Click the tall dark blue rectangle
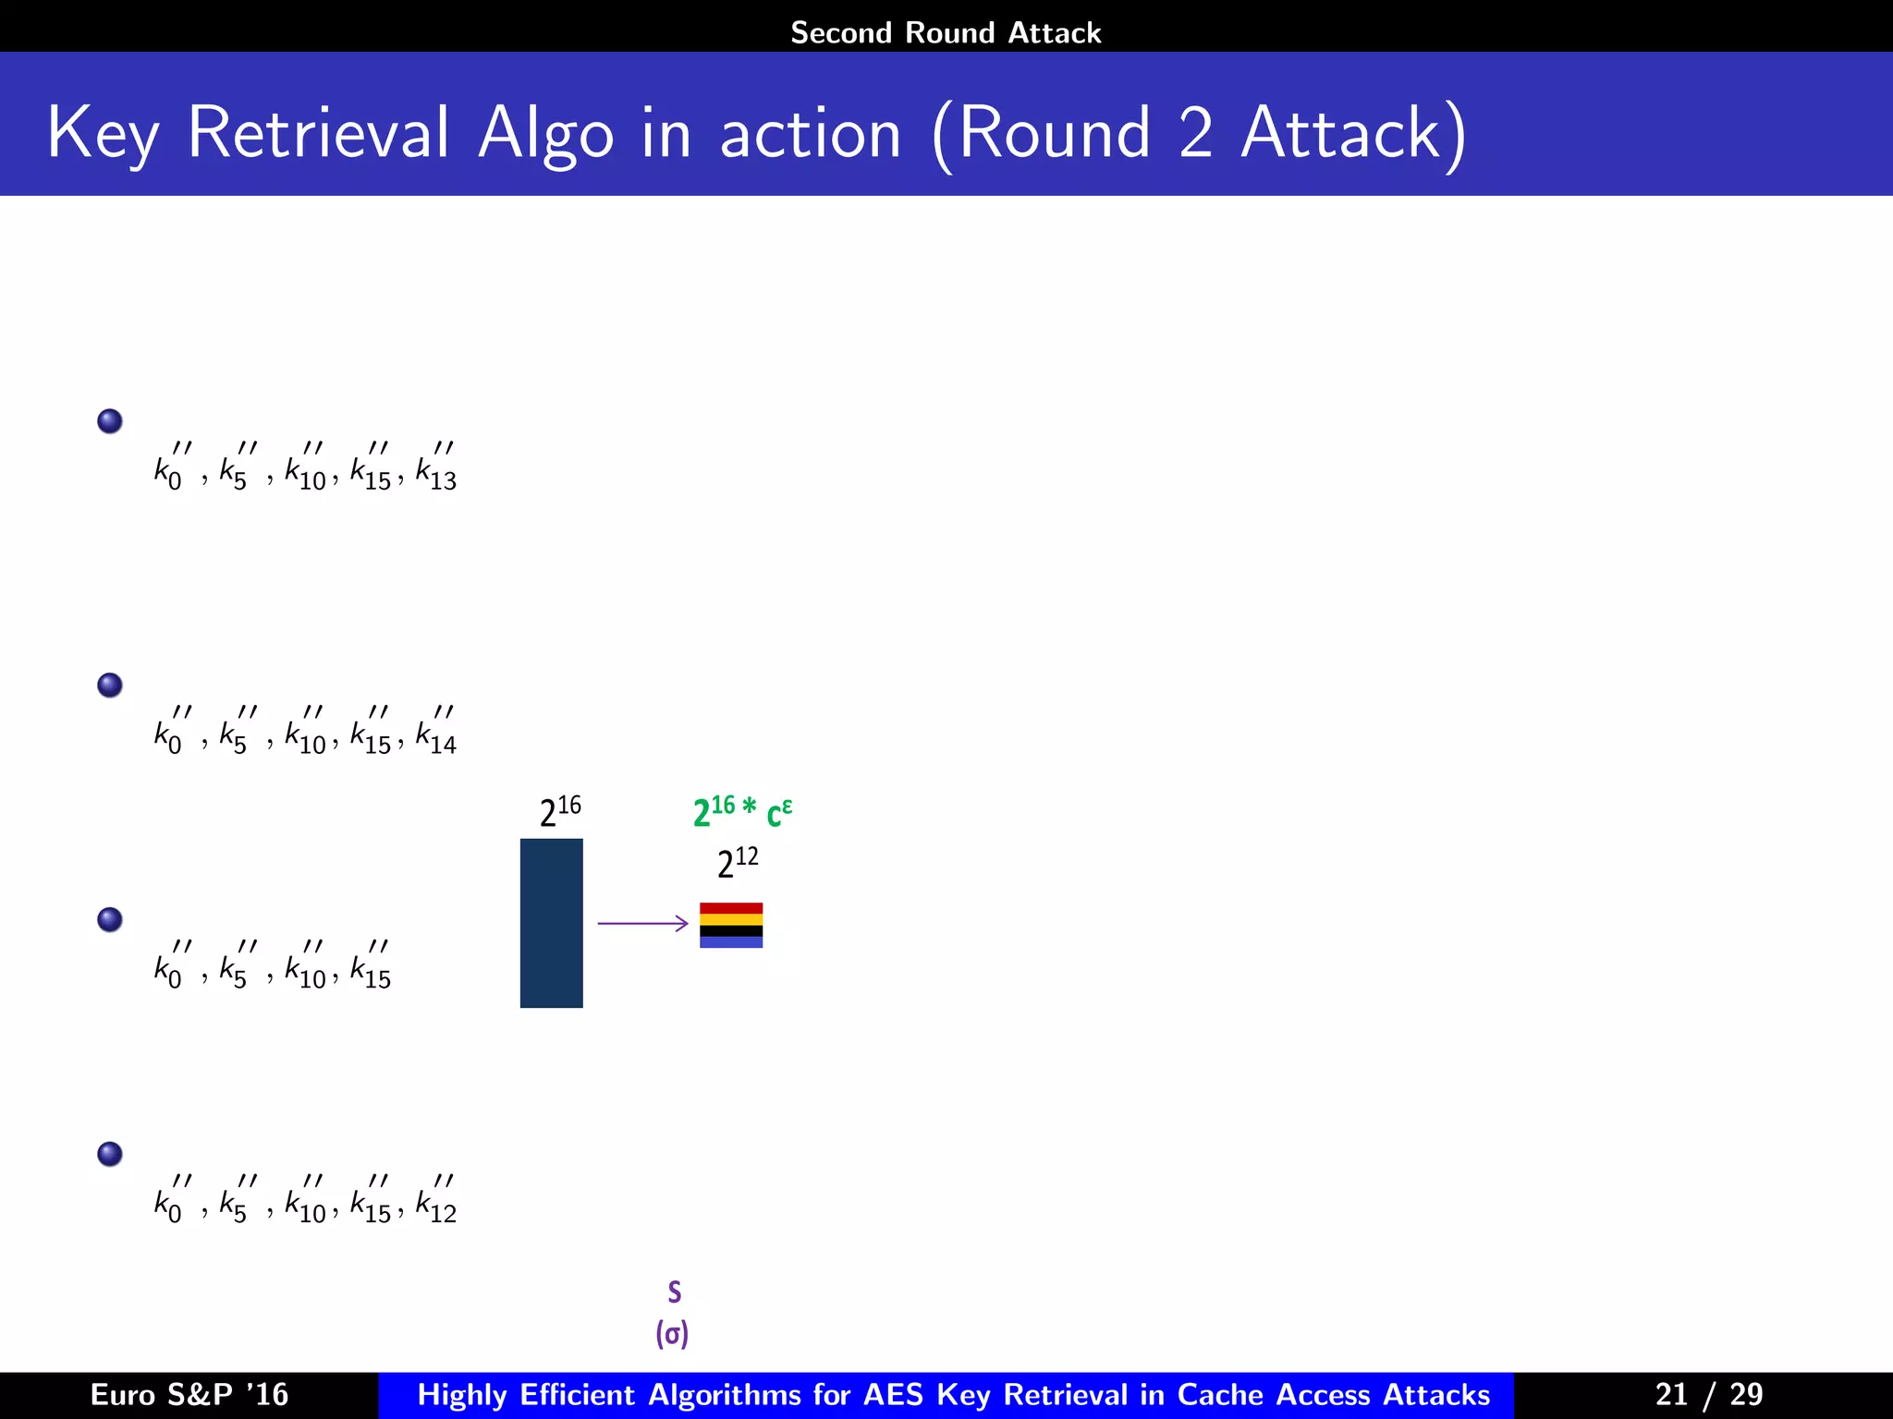[x=551, y=922]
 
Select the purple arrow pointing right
[x=642, y=923]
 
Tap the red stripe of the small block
[x=730, y=908]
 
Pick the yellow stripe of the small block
[x=730, y=919]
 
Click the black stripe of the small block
[x=730, y=930]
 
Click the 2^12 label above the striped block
[x=738, y=862]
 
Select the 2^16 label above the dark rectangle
[x=560, y=811]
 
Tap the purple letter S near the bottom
[x=674, y=1292]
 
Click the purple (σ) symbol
[x=672, y=1333]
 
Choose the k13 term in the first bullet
[x=436, y=468]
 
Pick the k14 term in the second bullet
[x=436, y=733]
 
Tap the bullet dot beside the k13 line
[x=110, y=421]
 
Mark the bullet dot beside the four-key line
[x=110, y=919]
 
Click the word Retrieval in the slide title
[x=319, y=133]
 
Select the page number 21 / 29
[x=1708, y=1394]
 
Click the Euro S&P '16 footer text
[x=189, y=1394]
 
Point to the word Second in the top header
[x=840, y=32]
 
